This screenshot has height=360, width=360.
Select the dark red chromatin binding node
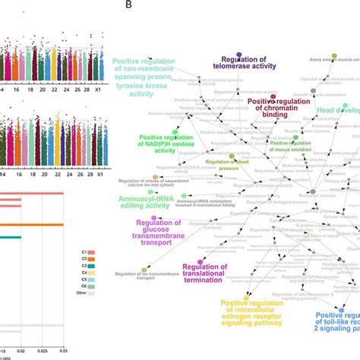[273, 98]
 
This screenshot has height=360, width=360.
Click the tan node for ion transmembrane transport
[144, 271]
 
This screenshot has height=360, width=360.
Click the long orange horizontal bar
[30, 224]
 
